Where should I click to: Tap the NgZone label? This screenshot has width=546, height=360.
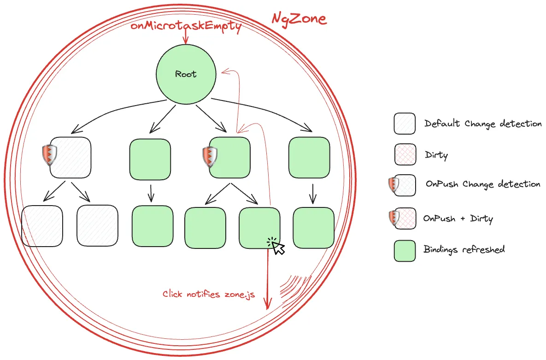coord(299,18)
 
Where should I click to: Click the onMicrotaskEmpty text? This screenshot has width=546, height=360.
coord(186,26)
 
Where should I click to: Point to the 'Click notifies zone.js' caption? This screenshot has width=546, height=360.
coord(209,294)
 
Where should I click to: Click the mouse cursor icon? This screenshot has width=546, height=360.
coord(276,246)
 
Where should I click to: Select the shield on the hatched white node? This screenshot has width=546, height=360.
coord(49,155)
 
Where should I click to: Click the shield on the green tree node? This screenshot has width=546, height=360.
coord(210,157)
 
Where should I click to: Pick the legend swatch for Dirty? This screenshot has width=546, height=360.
coord(405,154)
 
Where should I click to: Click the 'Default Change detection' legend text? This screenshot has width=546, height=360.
coord(483,124)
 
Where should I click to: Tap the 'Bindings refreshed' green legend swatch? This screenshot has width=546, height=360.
coord(405,251)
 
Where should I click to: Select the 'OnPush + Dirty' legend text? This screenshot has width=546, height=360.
coord(458,218)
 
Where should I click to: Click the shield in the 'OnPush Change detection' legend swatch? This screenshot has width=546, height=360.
coord(393,185)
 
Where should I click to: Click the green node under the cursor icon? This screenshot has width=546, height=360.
coord(259,228)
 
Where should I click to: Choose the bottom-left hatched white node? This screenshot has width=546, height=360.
coord(42,226)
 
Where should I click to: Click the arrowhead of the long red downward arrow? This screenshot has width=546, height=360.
coord(267,305)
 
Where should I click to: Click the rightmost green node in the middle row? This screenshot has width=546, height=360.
coord(309,158)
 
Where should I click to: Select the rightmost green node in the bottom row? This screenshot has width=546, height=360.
coord(314,228)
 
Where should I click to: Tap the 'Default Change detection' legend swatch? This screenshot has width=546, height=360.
coord(405,124)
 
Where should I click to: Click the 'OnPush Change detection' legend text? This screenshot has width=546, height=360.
coord(483,184)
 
